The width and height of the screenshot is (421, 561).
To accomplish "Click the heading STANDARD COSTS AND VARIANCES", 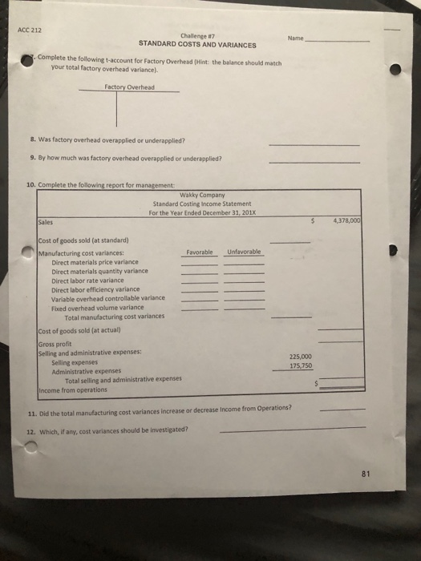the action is coord(197,45).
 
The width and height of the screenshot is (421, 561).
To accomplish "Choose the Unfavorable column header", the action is coord(241,251).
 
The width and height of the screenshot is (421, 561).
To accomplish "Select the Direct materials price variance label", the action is coord(95,262).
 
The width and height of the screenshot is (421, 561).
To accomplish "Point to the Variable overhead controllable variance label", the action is coord(108,298).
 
